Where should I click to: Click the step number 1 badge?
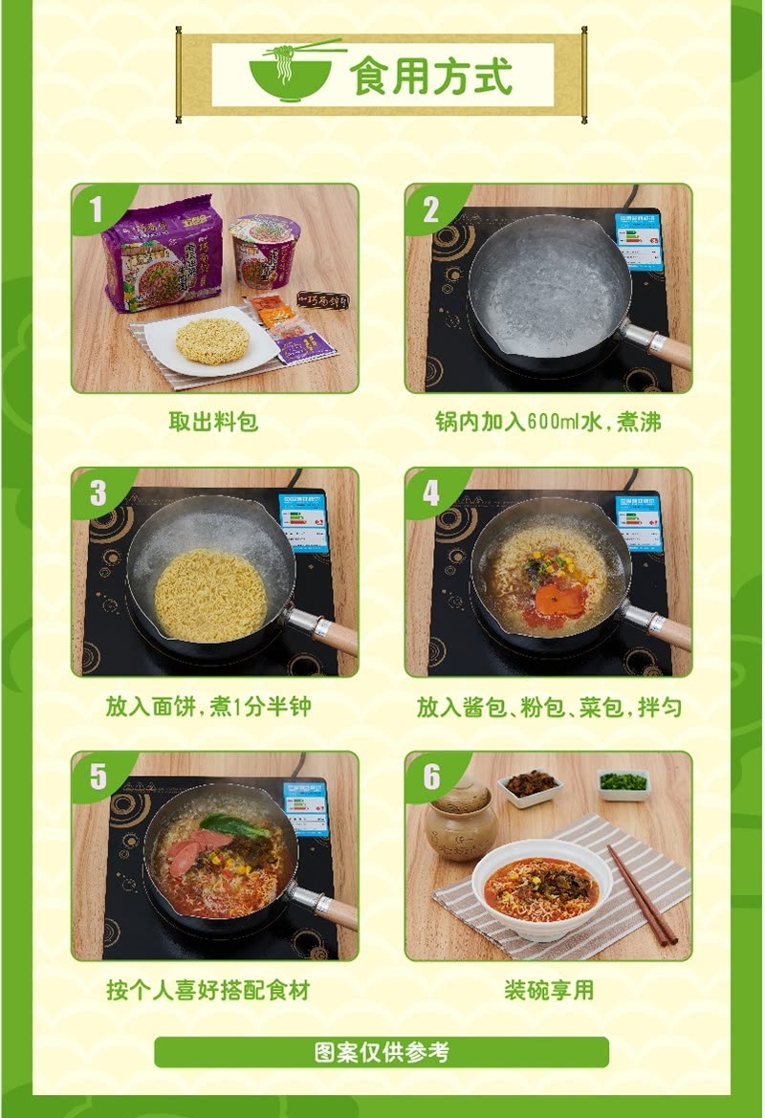(x=96, y=209)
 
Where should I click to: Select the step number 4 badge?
(x=430, y=493)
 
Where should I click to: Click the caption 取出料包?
(x=213, y=421)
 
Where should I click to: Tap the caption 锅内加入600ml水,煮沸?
(x=548, y=421)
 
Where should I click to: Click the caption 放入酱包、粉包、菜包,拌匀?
(x=548, y=706)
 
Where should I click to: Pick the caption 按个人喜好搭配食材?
(x=208, y=990)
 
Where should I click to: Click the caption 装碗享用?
(x=548, y=990)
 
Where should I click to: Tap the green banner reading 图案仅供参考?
(x=382, y=1052)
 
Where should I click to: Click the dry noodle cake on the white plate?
(x=212, y=340)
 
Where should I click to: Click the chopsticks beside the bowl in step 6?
(x=641, y=894)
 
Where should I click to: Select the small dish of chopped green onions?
(x=623, y=783)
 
